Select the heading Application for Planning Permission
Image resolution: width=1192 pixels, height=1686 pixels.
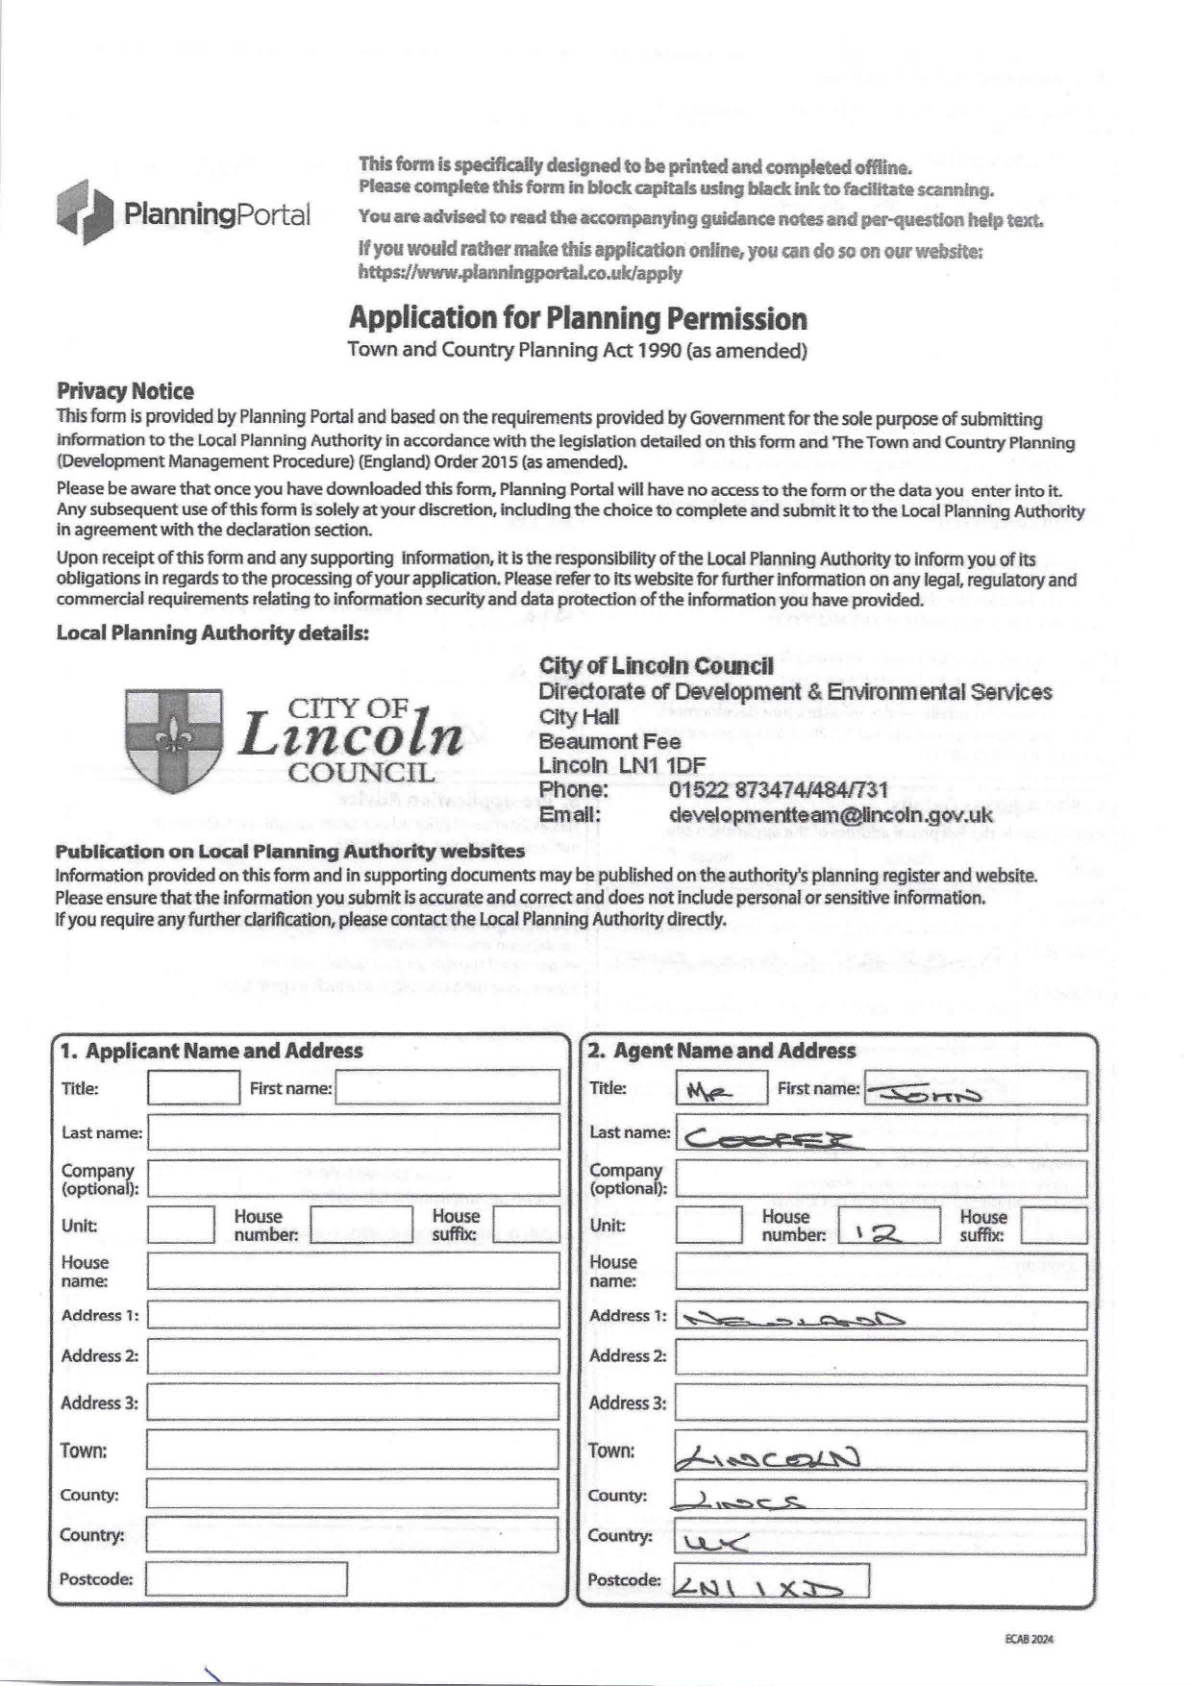click(x=577, y=318)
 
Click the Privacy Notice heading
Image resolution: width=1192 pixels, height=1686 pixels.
click(x=125, y=391)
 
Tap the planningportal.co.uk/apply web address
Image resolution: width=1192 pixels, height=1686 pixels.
click(x=520, y=273)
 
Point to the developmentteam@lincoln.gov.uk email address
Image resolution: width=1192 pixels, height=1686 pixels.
click(x=831, y=814)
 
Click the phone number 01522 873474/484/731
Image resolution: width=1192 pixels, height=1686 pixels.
click(x=778, y=789)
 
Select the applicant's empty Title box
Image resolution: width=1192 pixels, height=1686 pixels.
click(x=193, y=1088)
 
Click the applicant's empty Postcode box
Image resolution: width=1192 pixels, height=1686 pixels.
click(x=246, y=1579)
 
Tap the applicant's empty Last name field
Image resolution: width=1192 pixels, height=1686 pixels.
click(x=353, y=1132)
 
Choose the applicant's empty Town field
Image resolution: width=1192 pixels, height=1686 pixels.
click(x=353, y=1450)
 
